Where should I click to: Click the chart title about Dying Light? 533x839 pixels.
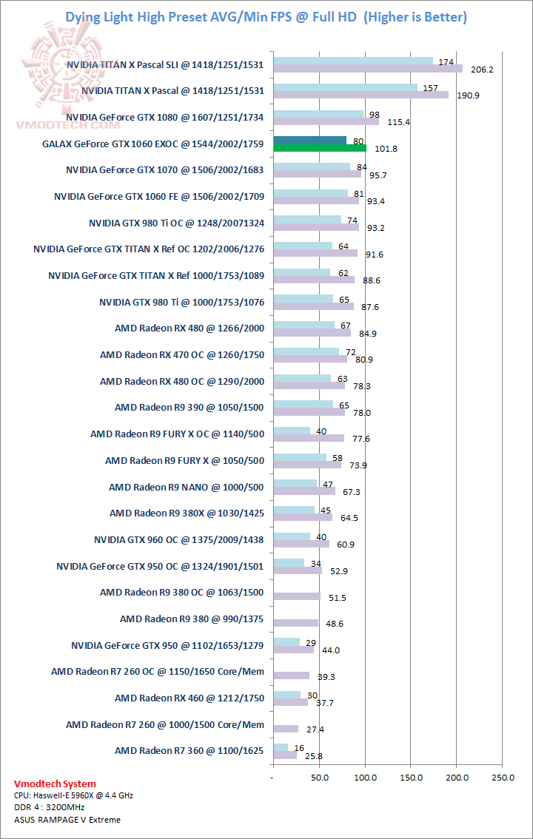coord(266,17)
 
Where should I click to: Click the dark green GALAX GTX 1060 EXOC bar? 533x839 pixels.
coord(309,141)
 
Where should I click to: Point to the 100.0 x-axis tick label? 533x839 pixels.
coord(365,778)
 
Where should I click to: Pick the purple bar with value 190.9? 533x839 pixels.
coord(361,95)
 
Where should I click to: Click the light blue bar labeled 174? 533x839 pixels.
coord(353,61)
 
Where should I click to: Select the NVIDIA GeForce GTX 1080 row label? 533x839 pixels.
coord(164,117)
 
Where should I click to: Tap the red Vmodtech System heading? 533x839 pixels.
coord(56,784)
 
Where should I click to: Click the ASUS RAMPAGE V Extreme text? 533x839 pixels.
coord(67,819)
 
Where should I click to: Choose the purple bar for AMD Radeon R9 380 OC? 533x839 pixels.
coord(296,596)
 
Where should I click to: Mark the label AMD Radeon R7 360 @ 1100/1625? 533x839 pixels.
coord(189,750)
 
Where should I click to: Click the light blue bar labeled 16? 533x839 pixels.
coord(281,747)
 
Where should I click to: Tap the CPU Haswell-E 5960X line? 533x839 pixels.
coord(73,795)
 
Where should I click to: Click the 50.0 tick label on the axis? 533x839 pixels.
coord(319,778)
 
